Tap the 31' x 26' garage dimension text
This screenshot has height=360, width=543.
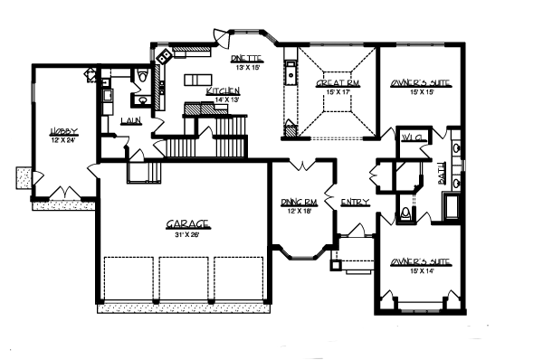[x=187, y=234]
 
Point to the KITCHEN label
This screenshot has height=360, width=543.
[x=222, y=91]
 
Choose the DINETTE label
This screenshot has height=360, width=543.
[x=246, y=58]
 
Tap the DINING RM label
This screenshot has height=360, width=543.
[x=298, y=202]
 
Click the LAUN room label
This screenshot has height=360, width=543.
[x=130, y=120]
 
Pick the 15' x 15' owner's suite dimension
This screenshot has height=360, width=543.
[x=419, y=90]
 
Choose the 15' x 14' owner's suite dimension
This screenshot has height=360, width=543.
[x=419, y=270]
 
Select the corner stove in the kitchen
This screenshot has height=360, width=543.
[x=165, y=56]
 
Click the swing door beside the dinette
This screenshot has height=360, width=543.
[x=218, y=36]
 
